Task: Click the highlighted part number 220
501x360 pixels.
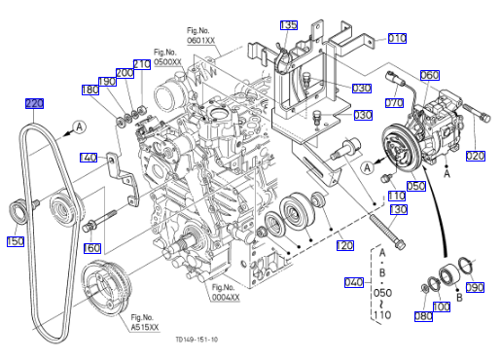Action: coord(34,103)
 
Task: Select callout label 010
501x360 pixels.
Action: coord(397,38)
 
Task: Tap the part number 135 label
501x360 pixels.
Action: coord(289,25)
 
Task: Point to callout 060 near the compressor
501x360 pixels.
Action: coord(430,75)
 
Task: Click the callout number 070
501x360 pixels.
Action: coord(394,103)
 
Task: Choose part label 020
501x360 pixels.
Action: coord(476,156)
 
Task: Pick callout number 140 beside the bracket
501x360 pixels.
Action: coord(89,158)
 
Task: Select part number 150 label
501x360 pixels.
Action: coord(16,241)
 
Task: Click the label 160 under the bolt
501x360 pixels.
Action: coord(92,248)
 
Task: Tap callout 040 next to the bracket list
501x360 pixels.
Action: coord(354,282)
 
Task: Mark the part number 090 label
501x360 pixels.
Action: coord(475,287)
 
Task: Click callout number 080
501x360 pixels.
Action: coord(423,316)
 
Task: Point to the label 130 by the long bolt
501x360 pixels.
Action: coord(398,209)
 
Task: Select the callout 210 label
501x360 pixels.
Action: coord(142,64)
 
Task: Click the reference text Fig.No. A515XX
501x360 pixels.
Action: coord(145,322)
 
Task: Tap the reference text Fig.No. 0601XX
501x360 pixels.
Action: coord(201,36)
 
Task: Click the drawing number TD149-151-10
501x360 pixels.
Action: coord(197,340)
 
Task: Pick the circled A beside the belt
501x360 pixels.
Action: coord(80,126)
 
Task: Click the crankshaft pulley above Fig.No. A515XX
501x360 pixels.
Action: coord(106,288)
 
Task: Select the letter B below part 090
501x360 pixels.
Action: coord(459,298)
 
